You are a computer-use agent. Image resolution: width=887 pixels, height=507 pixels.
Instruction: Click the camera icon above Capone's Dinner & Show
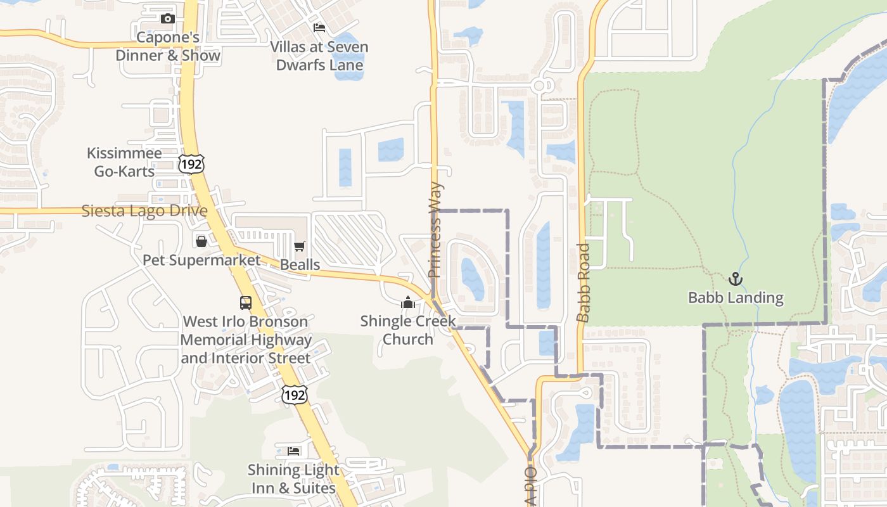pos(168,19)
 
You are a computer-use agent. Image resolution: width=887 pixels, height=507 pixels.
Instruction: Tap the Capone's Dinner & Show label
pos(168,46)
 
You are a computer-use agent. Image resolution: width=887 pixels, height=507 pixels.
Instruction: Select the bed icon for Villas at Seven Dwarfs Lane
pos(319,28)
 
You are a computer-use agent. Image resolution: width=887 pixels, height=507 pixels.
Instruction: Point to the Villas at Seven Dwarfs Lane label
pos(319,56)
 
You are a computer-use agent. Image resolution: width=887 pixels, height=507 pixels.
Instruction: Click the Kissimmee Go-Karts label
pos(124,162)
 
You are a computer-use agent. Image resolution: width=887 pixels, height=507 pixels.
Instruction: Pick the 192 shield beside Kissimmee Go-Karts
pos(191,163)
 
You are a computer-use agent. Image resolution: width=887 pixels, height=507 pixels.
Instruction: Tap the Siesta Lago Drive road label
pos(144,211)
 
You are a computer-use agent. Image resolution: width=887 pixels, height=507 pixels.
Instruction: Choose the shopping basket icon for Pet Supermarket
pos(201,241)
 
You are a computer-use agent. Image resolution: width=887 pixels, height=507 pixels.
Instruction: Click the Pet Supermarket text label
pos(201,260)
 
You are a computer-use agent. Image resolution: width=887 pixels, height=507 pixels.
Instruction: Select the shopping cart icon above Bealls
pos(300,246)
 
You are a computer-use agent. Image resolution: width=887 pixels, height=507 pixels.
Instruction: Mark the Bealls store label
pos(300,264)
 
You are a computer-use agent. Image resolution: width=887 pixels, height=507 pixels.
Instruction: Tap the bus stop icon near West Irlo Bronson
pos(246,303)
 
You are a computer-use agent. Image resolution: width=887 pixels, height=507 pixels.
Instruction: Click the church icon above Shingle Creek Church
pos(408,303)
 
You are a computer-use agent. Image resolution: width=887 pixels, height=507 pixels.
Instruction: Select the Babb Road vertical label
pos(584,283)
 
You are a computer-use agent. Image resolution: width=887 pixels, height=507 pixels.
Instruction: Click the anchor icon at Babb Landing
pos(736,279)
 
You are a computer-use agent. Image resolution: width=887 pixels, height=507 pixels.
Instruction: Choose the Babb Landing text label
pos(736,298)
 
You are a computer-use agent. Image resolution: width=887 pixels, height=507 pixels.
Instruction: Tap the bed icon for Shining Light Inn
pos(293,451)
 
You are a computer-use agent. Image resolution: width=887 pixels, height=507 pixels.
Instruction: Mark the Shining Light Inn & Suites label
pos(293,479)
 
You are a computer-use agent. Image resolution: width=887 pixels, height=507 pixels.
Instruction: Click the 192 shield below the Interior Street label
pos(295,394)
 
